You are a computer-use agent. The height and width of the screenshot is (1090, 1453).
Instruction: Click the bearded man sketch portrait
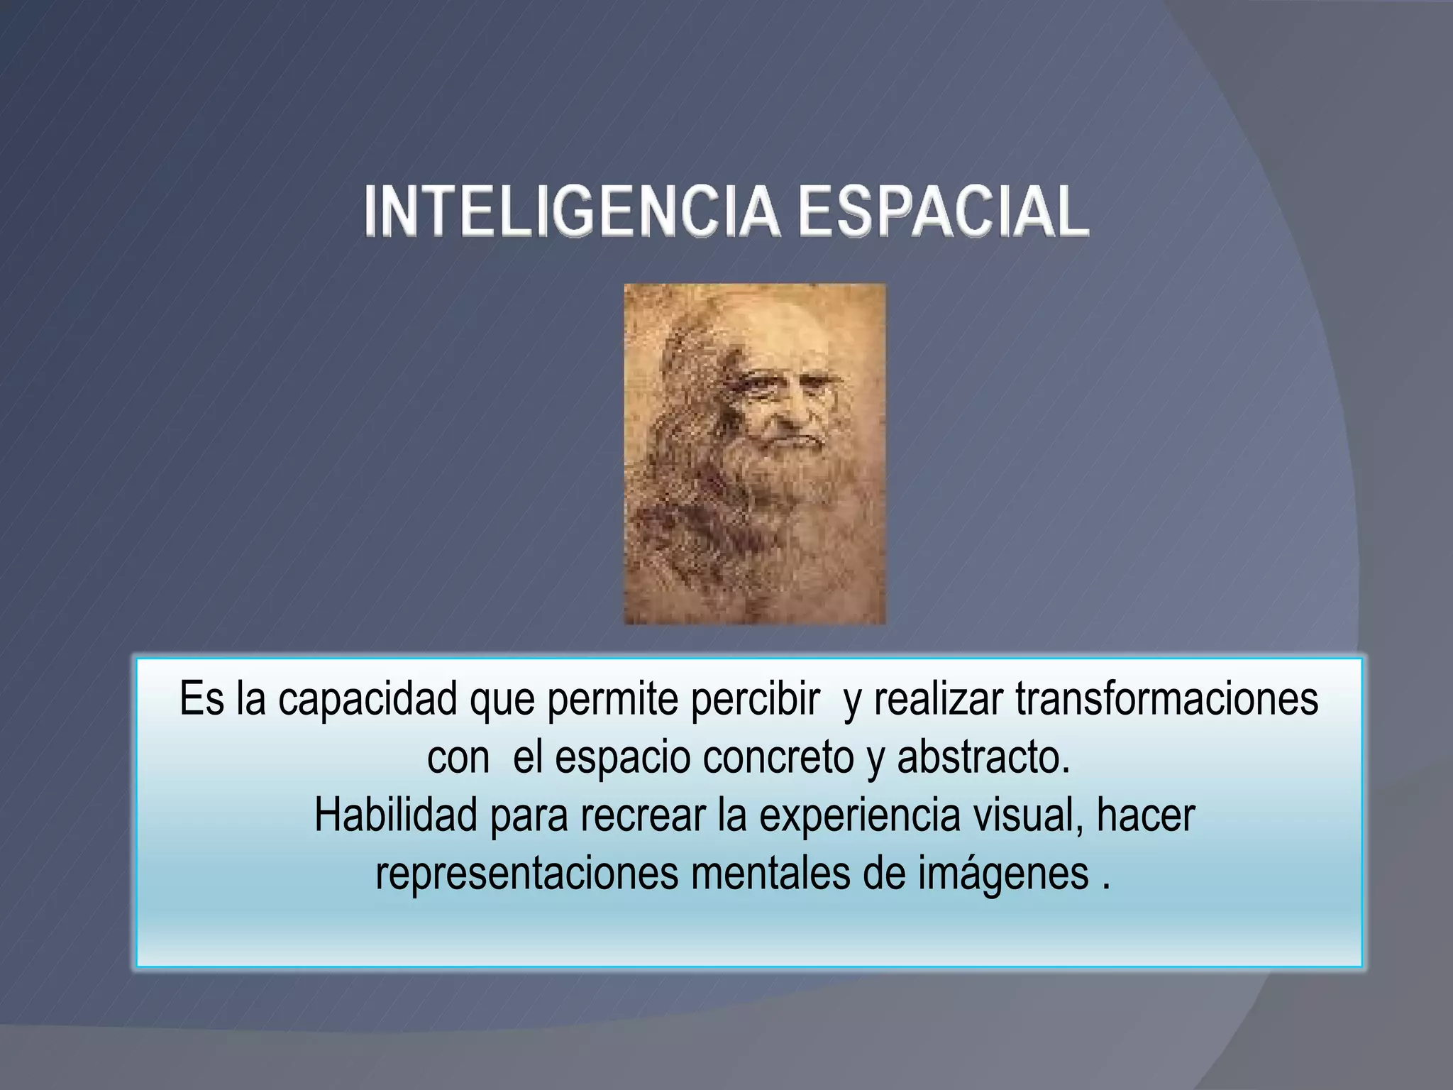[754, 454]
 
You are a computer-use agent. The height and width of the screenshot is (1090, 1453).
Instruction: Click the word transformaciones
[1166, 699]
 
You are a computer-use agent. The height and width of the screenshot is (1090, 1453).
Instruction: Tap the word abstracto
[983, 758]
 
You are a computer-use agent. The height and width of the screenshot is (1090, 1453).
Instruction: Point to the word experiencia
[859, 816]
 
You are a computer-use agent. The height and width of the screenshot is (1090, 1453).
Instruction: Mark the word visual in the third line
[1029, 816]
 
